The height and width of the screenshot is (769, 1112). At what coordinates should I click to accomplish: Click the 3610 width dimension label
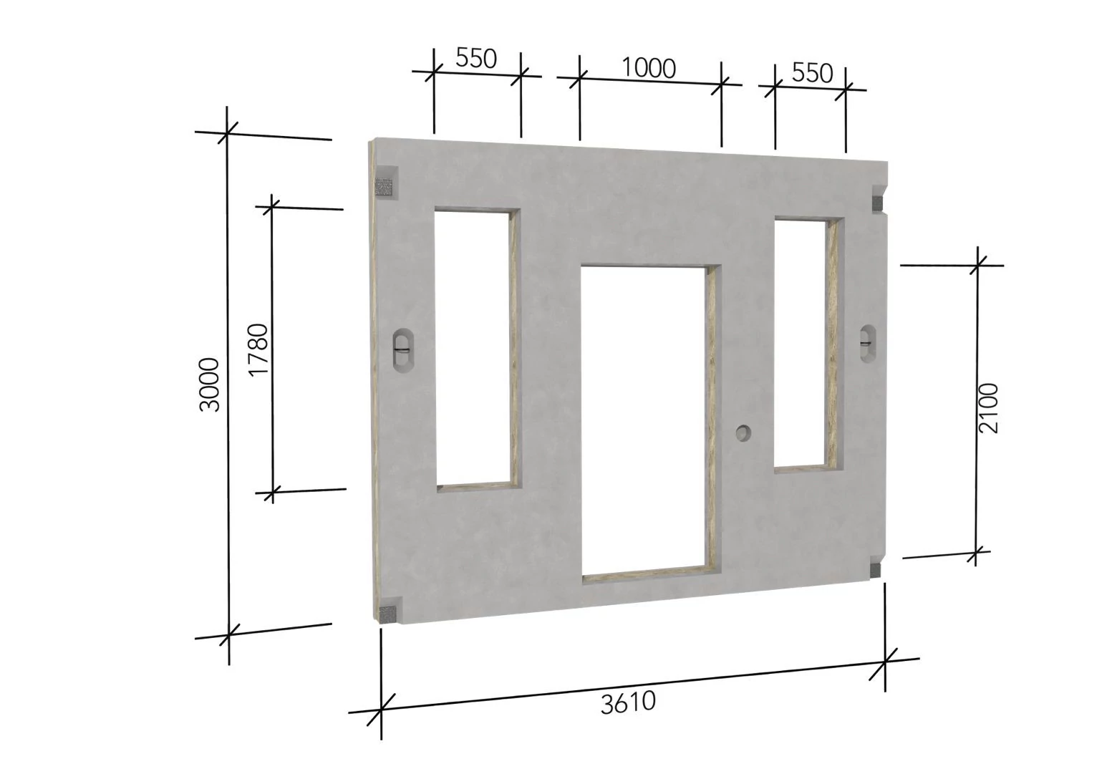point(628,703)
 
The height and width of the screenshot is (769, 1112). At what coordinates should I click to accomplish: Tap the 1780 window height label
point(258,349)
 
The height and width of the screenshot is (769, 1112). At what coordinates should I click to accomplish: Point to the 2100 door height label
point(988,408)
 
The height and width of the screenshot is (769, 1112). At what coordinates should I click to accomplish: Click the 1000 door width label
point(648,68)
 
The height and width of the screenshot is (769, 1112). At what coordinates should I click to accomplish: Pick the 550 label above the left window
point(476,58)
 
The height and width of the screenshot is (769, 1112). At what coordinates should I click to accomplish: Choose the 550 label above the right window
point(812,73)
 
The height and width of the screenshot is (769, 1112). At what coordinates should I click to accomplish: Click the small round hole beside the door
point(743,433)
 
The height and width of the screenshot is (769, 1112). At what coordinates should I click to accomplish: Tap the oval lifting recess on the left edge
point(402,350)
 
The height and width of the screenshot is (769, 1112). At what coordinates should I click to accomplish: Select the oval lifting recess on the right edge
point(868,343)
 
